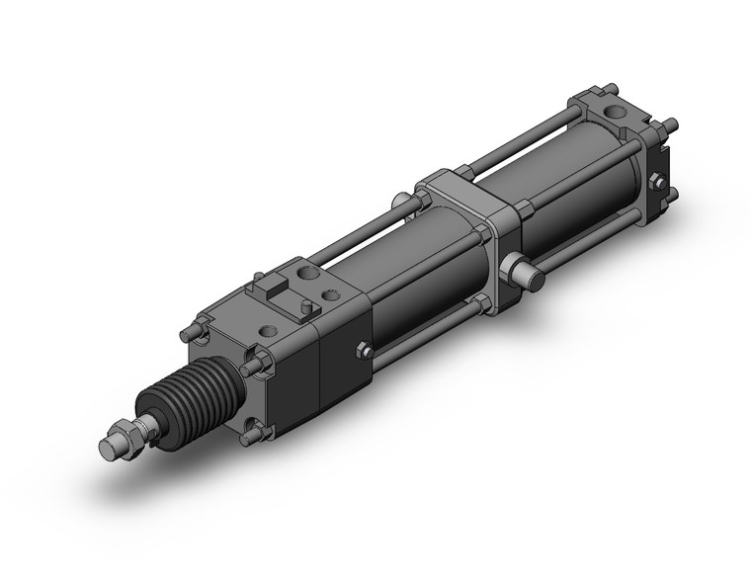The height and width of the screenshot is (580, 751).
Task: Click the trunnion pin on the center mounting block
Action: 524,272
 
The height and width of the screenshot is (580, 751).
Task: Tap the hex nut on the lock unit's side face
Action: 363,351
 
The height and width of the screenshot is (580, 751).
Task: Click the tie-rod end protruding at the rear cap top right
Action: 671,125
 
